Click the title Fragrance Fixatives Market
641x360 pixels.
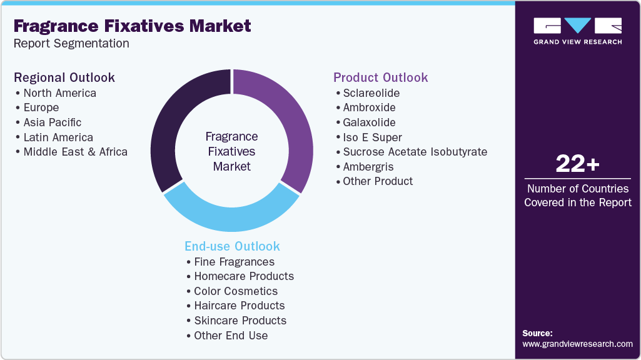coord(132,26)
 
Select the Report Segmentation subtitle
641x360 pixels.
coord(71,44)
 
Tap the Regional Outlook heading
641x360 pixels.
coord(64,77)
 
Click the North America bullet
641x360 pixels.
coord(59,93)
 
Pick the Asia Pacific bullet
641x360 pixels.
coord(52,122)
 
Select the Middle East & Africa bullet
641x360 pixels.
coord(75,152)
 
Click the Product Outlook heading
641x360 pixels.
coord(380,77)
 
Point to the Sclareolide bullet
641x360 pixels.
coord(371,93)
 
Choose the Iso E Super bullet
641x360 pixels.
coord(372,137)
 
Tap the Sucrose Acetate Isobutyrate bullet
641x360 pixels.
coord(415,152)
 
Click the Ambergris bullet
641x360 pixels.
coord(368,167)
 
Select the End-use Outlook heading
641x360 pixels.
coord(232,246)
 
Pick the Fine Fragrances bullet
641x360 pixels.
coord(234,262)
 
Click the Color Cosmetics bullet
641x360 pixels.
coord(236,291)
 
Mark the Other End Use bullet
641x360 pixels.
coord(230,336)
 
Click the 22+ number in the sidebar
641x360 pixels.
coord(577,164)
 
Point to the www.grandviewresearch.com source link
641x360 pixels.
coord(577,344)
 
